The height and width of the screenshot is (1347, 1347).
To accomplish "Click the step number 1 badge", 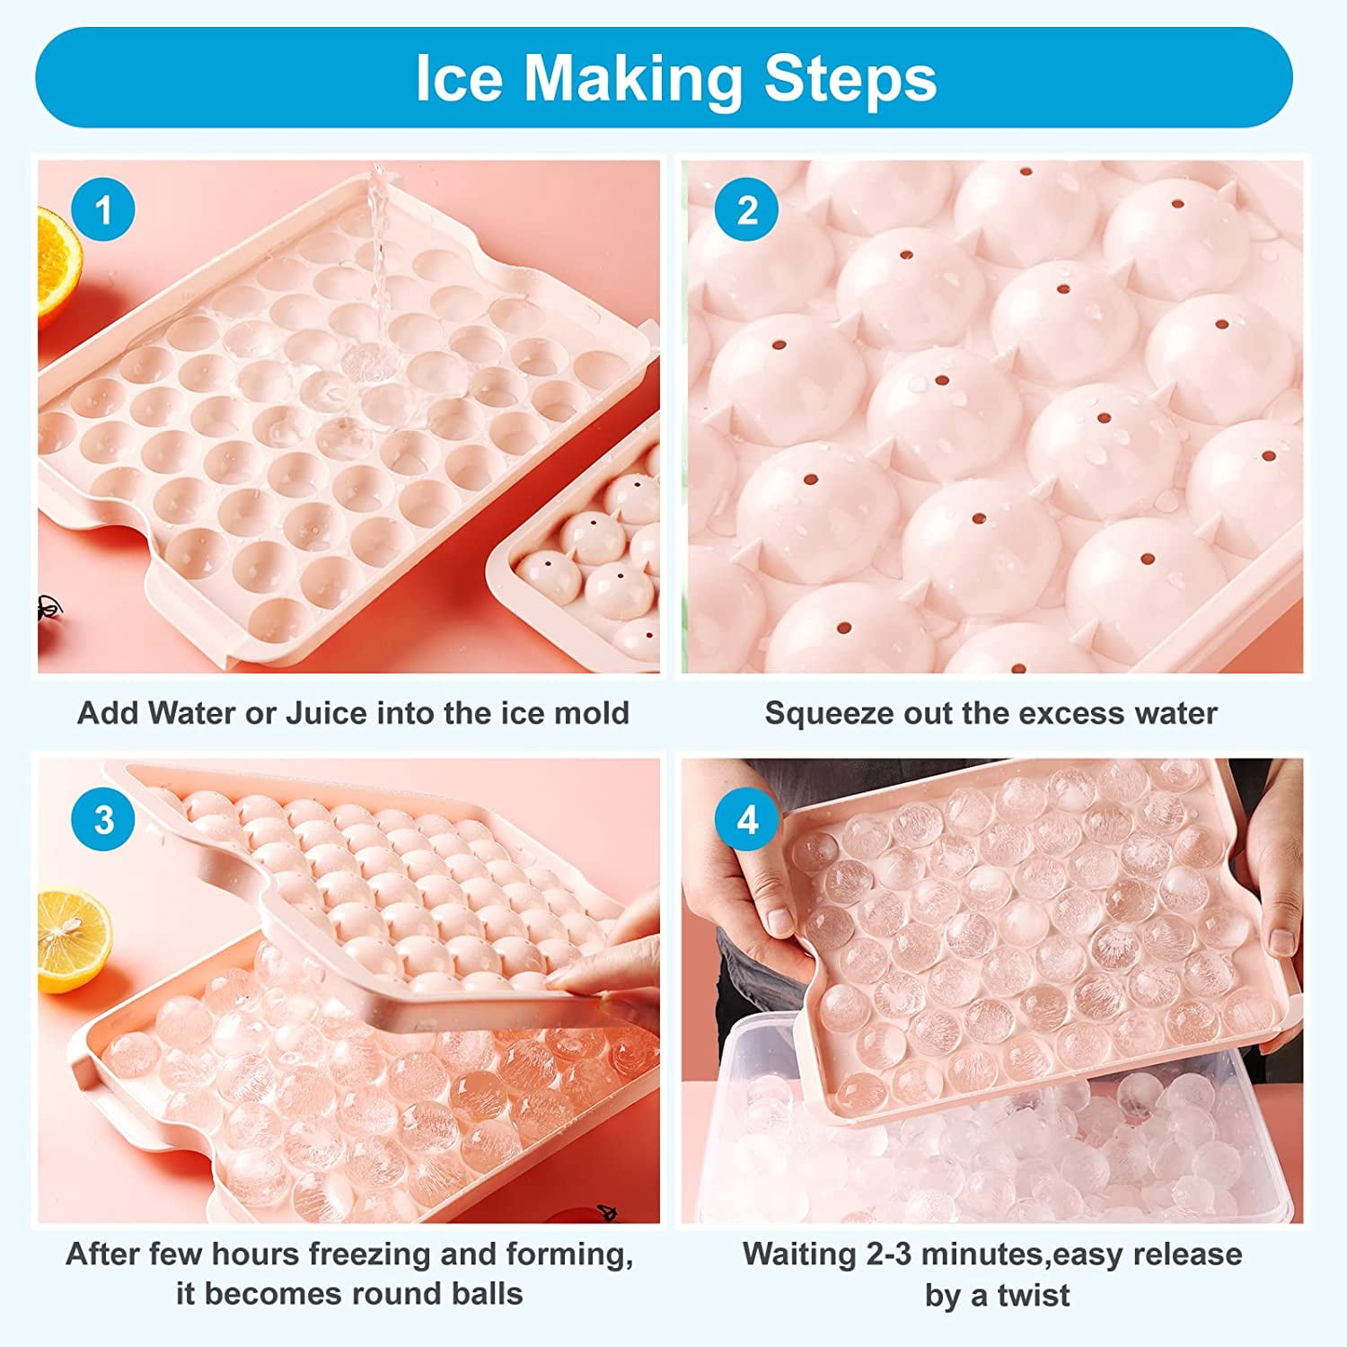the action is click(103, 210).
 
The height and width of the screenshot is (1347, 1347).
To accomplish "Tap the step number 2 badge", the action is click(746, 210).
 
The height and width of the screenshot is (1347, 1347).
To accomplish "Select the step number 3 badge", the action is click(103, 820).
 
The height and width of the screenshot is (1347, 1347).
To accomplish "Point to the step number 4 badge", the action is click(746, 820).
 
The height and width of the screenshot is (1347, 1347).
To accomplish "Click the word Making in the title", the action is click(633, 80).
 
